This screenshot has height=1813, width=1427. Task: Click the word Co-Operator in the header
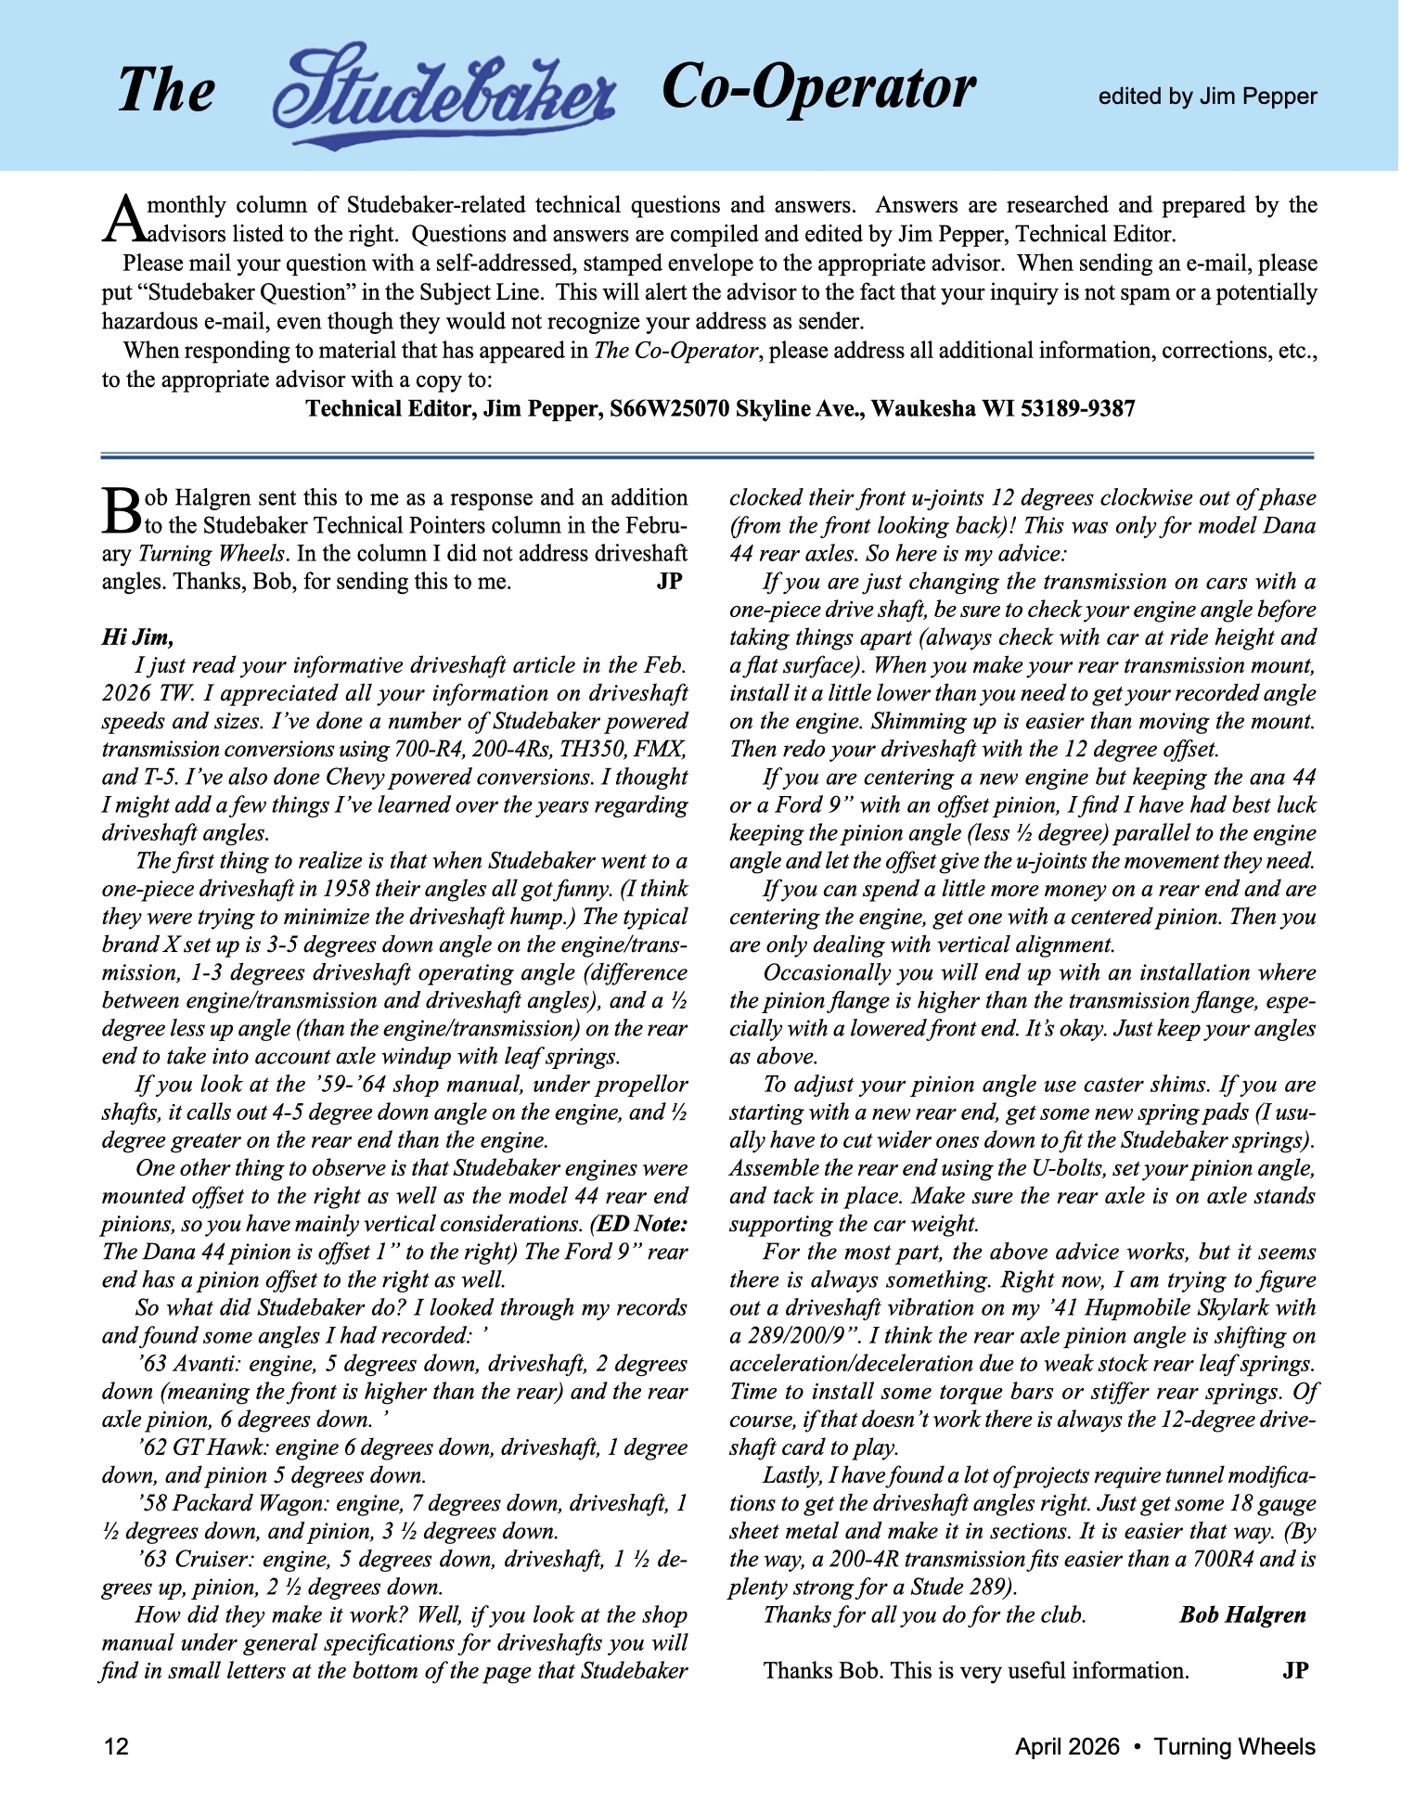(x=818, y=87)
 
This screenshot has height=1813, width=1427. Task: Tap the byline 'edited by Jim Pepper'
(x=1207, y=96)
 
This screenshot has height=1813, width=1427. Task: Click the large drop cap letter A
(x=124, y=217)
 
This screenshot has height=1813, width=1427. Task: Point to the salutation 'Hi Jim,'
(x=137, y=637)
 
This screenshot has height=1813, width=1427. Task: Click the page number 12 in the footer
(x=116, y=1747)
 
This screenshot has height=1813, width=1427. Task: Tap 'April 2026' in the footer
(x=1067, y=1747)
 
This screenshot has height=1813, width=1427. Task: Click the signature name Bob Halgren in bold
(x=1242, y=1615)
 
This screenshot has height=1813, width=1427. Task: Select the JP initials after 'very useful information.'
(x=1295, y=1671)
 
